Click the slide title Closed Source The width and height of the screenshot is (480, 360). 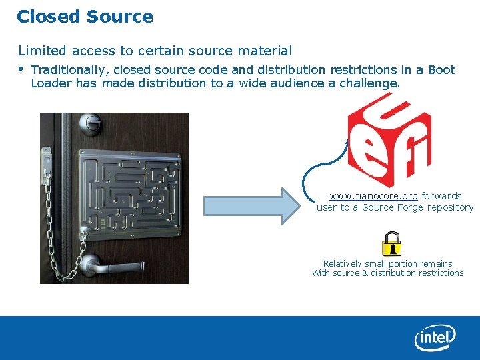[85, 17]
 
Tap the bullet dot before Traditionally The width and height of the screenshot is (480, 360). [21, 69]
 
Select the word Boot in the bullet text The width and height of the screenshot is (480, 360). [441, 70]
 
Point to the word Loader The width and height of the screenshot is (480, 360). [51, 83]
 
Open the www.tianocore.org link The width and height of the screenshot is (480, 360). [373, 196]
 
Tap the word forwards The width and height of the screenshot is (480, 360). [441, 196]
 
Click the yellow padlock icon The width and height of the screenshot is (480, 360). [391, 244]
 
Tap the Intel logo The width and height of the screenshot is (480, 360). [435, 338]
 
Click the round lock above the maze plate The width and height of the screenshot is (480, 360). [91, 123]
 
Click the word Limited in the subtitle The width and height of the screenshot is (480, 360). [41, 51]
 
